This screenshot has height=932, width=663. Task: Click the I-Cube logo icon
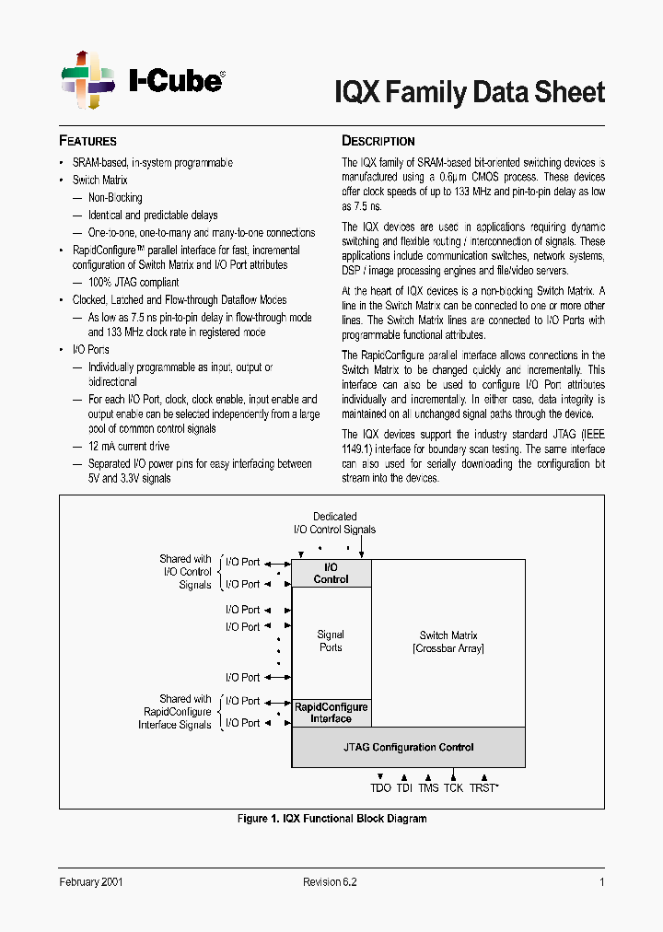(x=87, y=80)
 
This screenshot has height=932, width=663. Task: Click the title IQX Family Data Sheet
(x=469, y=92)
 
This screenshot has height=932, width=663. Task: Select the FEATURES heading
(x=88, y=141)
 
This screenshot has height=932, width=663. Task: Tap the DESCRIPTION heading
(x=378, y=141)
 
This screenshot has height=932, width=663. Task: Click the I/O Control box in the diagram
(x=331, y=574)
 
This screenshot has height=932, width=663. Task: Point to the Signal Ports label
(x=331, y=641)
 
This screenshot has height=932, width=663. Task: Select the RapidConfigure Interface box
(x=331, y=713)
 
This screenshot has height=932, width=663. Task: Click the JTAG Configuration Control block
(x=409, y=747)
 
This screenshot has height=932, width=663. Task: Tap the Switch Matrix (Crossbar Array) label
(x=448, y=642)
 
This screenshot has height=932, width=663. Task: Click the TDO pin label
(x=380, y=788)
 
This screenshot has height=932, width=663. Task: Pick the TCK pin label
(x=453, y=788)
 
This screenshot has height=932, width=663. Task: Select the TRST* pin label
(x=483, y=788)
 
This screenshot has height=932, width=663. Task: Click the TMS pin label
(x=428, y=788)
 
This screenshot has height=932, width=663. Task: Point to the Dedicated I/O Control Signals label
(x=334, y=523)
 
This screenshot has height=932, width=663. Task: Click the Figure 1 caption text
(x=331, y=819)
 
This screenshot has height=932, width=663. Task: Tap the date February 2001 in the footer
(x=91, y=881)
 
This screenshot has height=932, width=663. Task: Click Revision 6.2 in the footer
(x=330, y=881)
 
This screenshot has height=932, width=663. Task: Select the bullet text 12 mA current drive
(x=128, y=447)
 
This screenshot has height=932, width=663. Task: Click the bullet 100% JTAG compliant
(x=133, y=282)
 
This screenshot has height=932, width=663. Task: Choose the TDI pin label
(x=404, y=788)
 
